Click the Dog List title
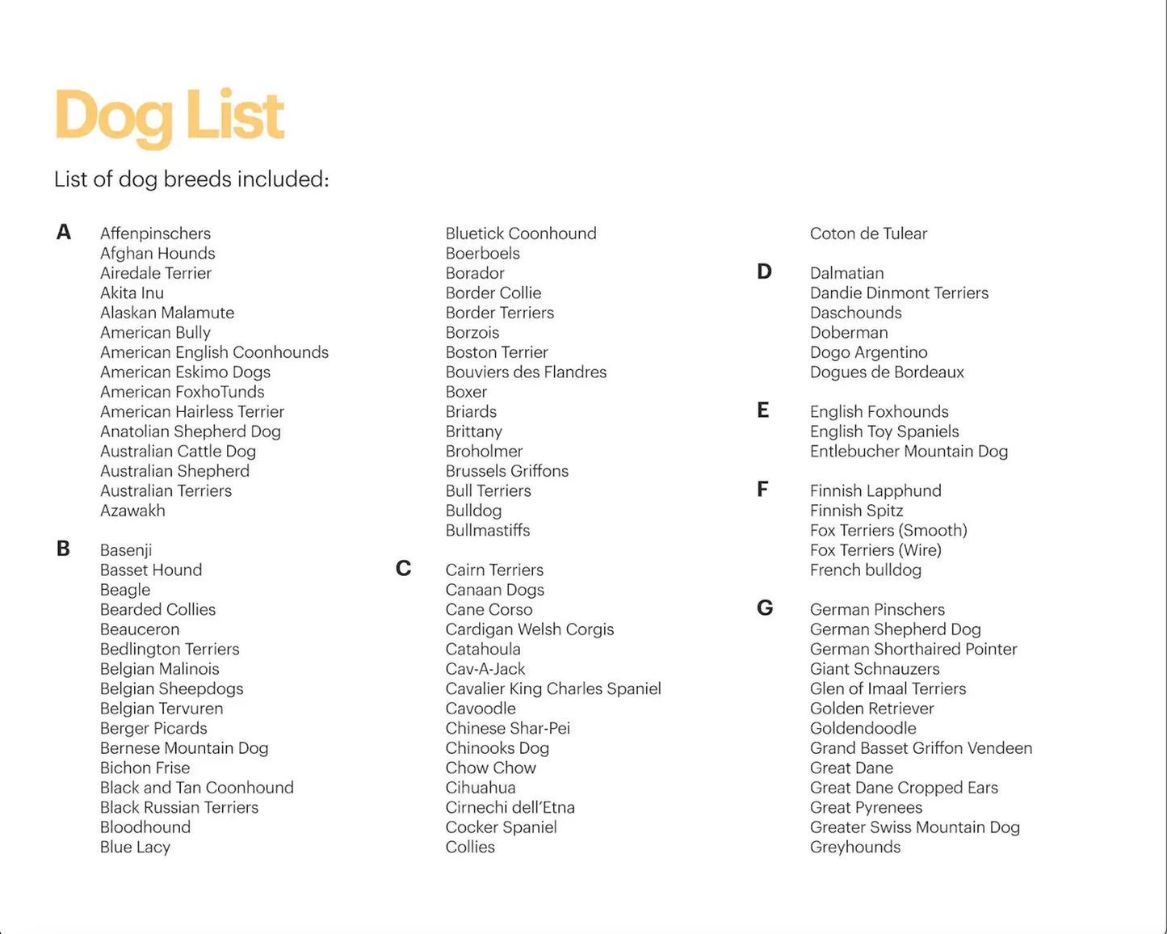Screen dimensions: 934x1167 coord(170,116)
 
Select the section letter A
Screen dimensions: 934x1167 coord(64,233)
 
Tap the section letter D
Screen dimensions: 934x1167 coord(764,272)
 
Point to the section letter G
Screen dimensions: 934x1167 coord(765,608)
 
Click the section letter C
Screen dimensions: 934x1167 coord(404,569)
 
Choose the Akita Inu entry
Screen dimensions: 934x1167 coord(132,293)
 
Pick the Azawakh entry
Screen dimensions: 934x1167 coord(132,511)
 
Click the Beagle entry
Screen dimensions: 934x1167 coord(125,590)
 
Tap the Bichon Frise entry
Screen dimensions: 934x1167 coord(145,768)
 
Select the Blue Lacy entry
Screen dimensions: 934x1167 coord(135,847)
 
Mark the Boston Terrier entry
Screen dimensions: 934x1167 coord(497,352)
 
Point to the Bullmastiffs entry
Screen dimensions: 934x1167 coord(488,530)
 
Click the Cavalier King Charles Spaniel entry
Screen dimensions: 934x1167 coord(553,688)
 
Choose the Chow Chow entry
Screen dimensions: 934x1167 coord(491,768)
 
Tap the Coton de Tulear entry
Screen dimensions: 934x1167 coord(868,234)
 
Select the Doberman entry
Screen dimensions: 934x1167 coord(849,332)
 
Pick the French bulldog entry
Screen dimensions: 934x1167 coord(866,570)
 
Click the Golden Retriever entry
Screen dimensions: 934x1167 coord(872,709)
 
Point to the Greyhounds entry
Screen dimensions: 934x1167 coord(855,847)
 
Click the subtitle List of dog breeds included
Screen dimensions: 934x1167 coord(191,179)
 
